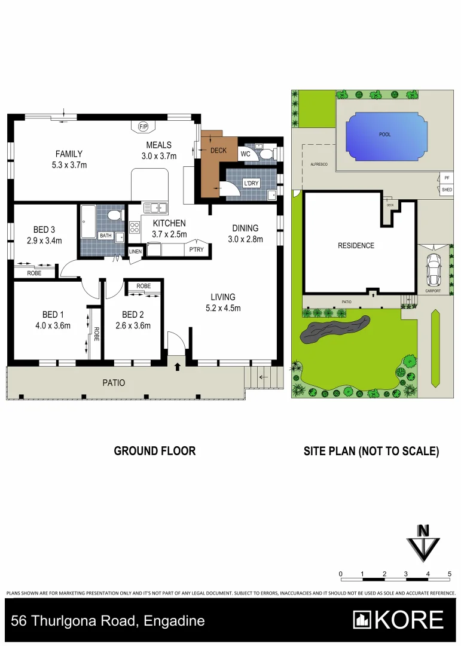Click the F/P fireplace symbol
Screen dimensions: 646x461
coord(143,127)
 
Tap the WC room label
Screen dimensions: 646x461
coord(245,154)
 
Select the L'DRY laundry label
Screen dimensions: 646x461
coord(251,184)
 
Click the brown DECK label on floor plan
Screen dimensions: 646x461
coord(218,150)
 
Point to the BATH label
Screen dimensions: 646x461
coord(105,236)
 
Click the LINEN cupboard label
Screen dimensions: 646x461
coord(136,252)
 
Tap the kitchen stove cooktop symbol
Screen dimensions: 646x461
coord(135,228)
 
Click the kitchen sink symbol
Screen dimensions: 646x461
coord(154,208)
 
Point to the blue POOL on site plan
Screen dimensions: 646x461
coord(384,135)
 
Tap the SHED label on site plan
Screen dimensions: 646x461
coord(447,190)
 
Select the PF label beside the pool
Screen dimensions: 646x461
coord(447,178)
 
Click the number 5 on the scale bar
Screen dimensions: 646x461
coord(449,574)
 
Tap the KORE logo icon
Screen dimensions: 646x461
coord(362,620)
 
